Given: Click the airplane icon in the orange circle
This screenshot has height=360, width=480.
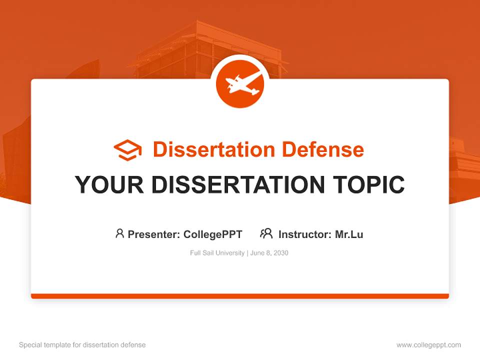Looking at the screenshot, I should click(x=240, y=83).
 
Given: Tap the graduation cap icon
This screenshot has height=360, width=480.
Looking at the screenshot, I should click(x=127, y=150).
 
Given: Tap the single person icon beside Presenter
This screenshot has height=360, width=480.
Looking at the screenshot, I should click(x=119, y=233).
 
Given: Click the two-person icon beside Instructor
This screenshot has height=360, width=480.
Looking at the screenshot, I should click(x=266, y=233).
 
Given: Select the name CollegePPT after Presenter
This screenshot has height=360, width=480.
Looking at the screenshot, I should click(x=212, y=234).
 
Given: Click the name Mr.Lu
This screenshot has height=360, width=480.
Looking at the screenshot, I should click(x=349, y=234).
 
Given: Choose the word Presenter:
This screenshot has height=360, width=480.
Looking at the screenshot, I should click(x=154, y=234).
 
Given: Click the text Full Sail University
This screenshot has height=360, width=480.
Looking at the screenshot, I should click(x=217, y=253).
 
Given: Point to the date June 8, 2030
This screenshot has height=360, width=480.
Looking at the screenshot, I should click(x=269, y=253).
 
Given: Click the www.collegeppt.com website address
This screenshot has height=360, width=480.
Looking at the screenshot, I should click(x=428, y=345).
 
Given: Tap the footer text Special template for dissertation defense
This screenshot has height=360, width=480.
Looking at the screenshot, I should click(x=82, y=345).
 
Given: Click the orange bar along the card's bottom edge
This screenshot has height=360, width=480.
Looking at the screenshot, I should click(x=240, y=296).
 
